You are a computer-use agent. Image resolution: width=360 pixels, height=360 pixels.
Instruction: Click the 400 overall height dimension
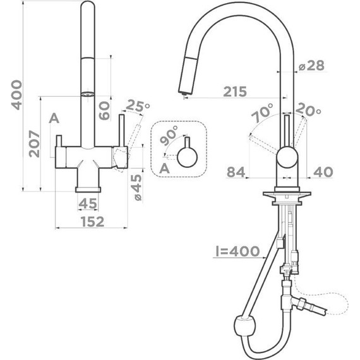point(17,95)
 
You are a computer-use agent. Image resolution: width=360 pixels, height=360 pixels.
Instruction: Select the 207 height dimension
point(34,144)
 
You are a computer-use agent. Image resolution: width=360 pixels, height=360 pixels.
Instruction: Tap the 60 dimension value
point(104,111)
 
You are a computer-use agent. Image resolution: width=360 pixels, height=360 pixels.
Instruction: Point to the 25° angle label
point(138,106)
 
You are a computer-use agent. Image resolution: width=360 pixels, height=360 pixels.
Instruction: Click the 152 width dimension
point(92,222)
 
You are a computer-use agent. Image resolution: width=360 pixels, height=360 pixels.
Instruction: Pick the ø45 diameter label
point(137,188)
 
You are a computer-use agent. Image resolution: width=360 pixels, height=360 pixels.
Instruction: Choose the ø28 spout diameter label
point(311,66)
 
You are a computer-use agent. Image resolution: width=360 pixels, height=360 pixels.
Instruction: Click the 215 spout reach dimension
point(235,92)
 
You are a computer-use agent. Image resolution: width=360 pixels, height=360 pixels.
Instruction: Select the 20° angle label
point(308,110)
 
